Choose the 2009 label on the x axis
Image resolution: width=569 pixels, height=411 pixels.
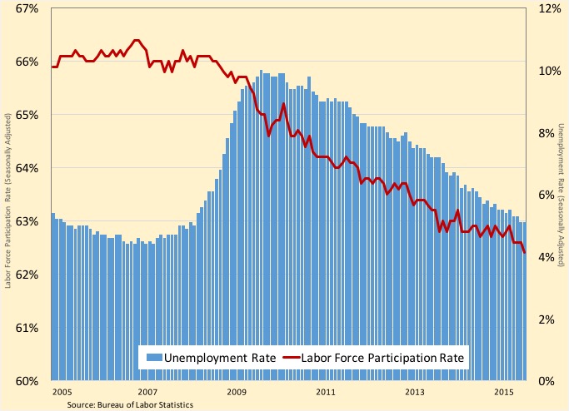tap(236, 392)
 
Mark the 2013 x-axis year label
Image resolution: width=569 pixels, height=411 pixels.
tap(414, 392)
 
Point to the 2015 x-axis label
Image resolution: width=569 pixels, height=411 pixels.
tap(503, 392)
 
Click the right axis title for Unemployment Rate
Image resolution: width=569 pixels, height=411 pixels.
tap(562, 195)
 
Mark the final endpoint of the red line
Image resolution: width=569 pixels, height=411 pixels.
tap(524, 253)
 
